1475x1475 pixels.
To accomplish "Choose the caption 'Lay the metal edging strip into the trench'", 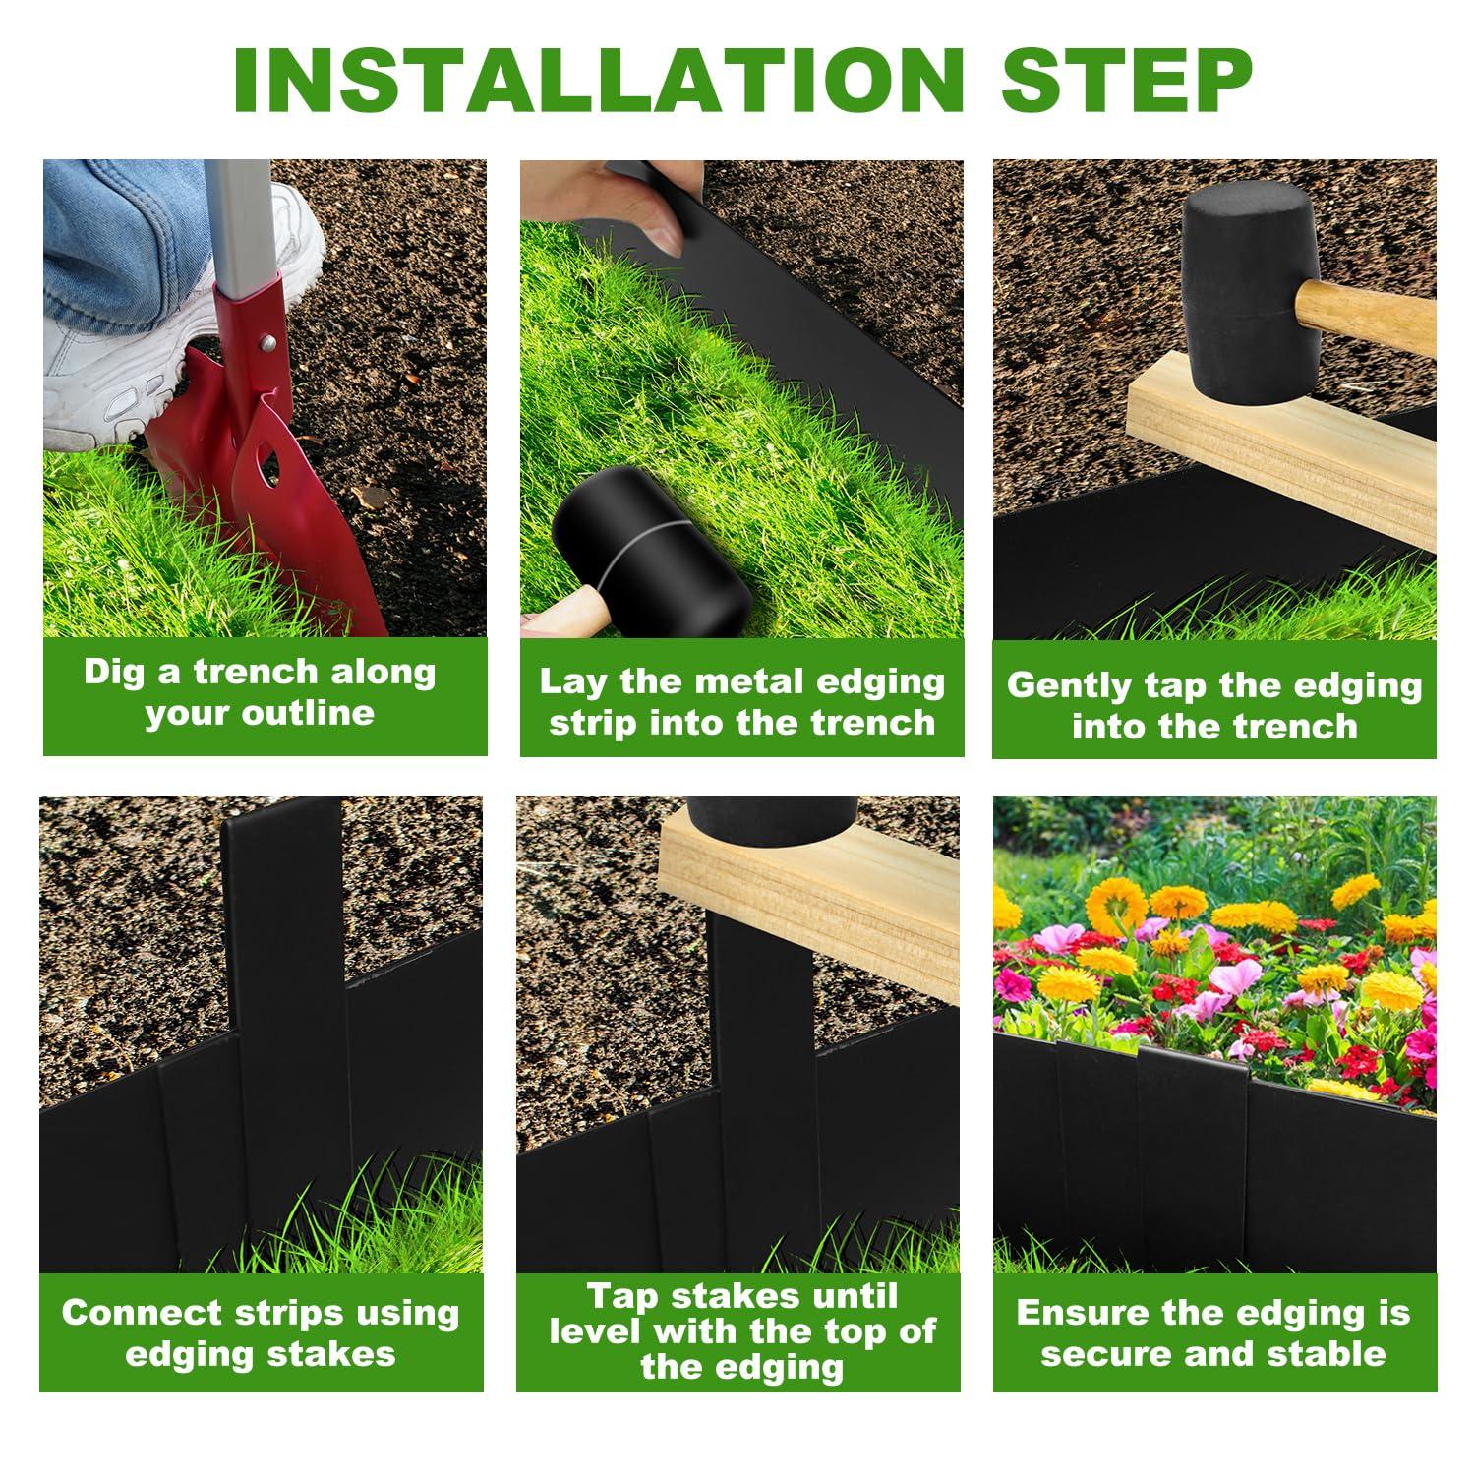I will point(741,701).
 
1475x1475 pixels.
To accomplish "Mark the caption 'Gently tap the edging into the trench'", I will point(1214,705).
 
